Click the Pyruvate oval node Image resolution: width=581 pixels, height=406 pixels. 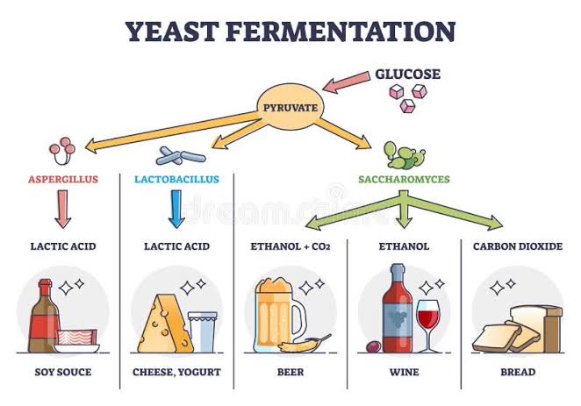[x=290, y=107]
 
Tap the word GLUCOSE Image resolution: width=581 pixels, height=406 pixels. [x=407, y=74]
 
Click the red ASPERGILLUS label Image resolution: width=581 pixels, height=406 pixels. [x=63, y=179]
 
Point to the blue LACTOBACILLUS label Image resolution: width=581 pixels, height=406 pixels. [x=176, y=179]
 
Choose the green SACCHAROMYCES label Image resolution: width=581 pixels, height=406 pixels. [x=404, y=179]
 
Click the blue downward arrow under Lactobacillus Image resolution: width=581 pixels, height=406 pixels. [x=176, y=209]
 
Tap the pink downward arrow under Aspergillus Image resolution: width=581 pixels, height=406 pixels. [x=63, y=209]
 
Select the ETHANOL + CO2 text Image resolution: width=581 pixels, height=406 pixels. [x=290, y=246]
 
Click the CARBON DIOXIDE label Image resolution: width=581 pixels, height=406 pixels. [x=518, y=246]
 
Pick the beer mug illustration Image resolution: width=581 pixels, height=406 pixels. [x=281, y=315]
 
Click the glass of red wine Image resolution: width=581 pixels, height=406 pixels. [x=428, y=325]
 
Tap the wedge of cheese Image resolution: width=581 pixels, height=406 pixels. [x=165, y=324]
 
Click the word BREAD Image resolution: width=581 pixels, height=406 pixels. [x=518, y=372]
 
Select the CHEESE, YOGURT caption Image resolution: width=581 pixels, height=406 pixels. [x=176, y=372]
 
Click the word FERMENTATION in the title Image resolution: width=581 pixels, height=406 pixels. [x=341, y=32]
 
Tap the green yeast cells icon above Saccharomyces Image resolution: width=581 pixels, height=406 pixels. [x=405, y=154]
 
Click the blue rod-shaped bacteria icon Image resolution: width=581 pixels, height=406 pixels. [x=181, y=156]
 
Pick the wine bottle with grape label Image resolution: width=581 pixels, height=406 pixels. [x=398, y=309]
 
